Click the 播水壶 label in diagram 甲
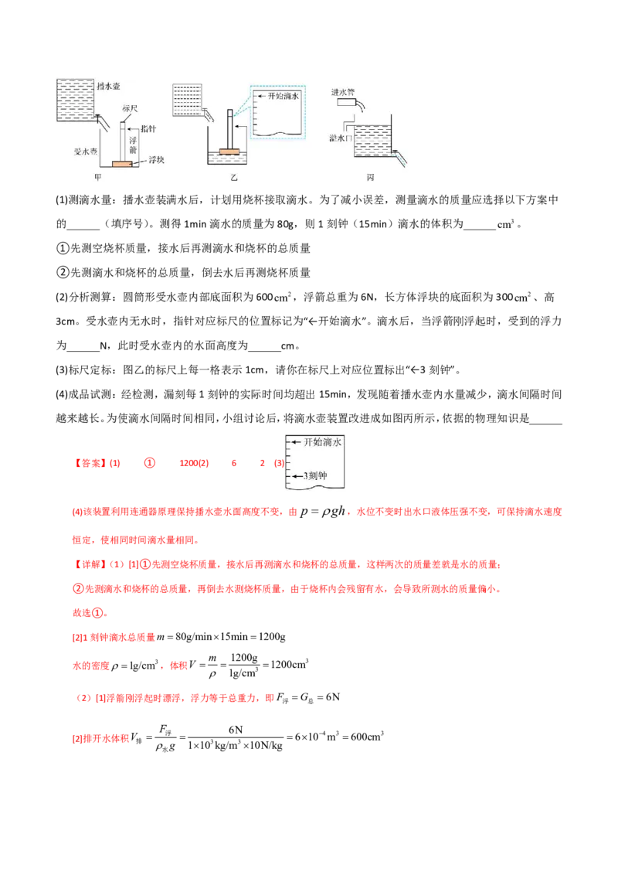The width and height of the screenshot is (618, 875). tap(108, 86)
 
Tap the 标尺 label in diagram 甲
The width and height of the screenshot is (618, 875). tap(130, 108)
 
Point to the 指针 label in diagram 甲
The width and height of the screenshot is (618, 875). tap(148, 129)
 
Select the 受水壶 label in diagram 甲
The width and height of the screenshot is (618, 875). tap(85, 152)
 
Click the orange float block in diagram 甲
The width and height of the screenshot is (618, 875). tap(123, 164)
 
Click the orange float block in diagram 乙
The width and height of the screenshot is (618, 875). tap(229, 152)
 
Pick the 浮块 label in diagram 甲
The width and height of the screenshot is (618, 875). tap(156, 160)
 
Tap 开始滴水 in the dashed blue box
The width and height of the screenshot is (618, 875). tap(283, 96)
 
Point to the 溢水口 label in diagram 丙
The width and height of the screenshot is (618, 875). tap(340, 138)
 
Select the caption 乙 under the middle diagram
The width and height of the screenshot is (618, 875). tap(234, 178)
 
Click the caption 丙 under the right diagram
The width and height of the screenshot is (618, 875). tap(370, 178)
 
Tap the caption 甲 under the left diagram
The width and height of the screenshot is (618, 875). tap(98, 178)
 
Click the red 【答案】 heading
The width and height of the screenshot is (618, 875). tap(90, 463)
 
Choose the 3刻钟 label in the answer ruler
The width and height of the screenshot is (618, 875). tap(315, 476)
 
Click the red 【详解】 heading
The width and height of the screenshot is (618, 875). tap(90, 565)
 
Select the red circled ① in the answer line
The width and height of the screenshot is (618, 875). tap(150, 463)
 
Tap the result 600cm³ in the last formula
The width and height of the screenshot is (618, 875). tap(367, 737)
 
